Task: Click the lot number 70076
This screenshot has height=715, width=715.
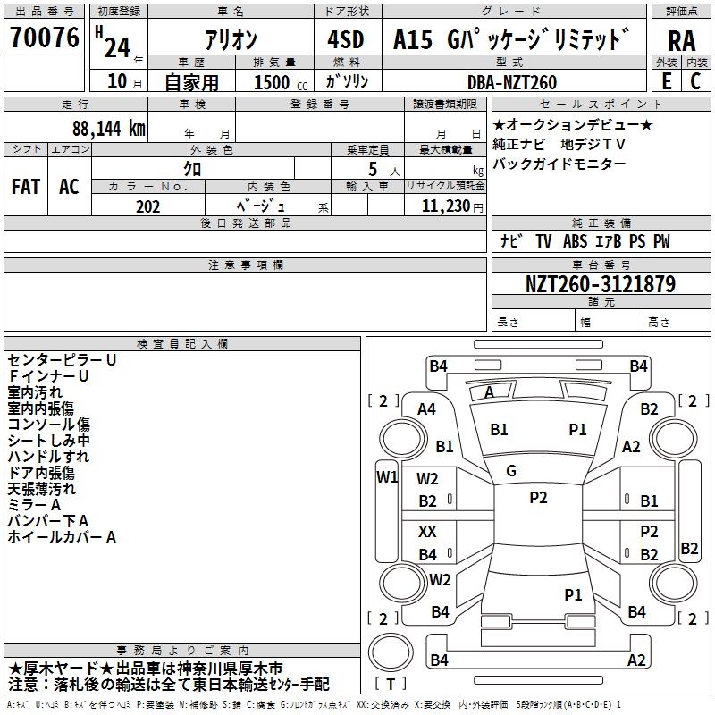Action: tap(44, 38)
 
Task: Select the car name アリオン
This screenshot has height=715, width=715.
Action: tap(230, 39)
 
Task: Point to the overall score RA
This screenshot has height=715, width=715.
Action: tap(681, 41)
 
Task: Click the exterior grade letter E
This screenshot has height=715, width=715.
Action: tap(666, 81)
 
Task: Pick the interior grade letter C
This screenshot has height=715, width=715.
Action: tap(695, 81)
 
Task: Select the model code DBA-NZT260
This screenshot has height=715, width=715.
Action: tap(512, 82)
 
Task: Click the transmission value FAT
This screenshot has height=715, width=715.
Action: tap(25, 186)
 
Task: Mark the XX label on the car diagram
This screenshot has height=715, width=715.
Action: tap(427, 532)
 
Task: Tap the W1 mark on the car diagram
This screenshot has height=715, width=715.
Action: tap(386, 476)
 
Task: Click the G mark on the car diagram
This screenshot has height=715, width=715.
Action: tap(511, 470)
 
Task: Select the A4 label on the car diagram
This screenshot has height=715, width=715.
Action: tap(427, 408)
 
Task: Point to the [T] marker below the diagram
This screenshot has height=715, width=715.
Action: tap(391, 684)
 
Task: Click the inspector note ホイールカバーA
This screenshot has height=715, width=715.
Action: tap(62, 537)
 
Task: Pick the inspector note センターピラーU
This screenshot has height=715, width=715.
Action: tap(62, 360)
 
